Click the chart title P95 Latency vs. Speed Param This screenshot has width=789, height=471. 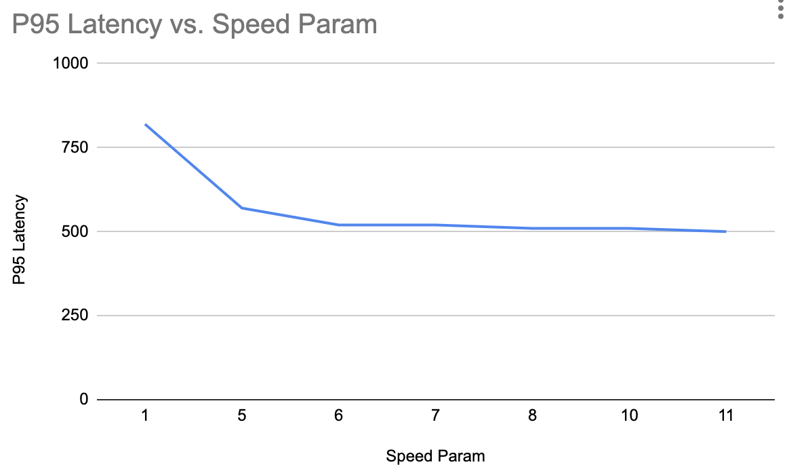(194, 25)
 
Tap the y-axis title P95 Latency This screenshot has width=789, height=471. (21, 240)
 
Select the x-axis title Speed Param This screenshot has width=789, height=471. (435, 456)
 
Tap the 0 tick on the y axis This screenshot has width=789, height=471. (85, 400)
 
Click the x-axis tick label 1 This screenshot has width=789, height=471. (145, 416)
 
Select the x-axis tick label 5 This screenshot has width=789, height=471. (242, 416)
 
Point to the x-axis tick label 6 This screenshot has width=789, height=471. (339, 416)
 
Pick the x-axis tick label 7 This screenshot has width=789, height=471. (436, 416)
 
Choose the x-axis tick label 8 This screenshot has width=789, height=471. (533, 416)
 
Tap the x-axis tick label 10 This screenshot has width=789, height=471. (630, 416)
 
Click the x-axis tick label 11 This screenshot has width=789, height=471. (726, 416)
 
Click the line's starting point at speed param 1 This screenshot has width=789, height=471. (145, 124)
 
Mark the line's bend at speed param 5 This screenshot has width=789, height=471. (242, 208)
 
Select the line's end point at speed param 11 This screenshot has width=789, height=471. (726, 231)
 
